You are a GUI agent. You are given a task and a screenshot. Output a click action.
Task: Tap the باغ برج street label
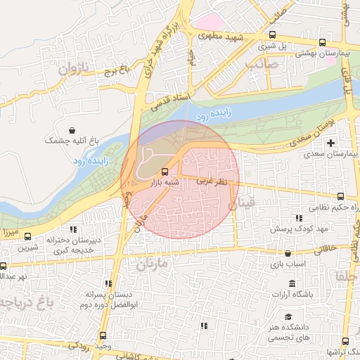click(x=115, y=70)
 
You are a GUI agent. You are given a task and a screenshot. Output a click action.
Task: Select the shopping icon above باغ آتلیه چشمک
click(x=73, y=129)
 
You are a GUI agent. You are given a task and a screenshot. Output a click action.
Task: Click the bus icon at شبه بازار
click(x=165, y=171)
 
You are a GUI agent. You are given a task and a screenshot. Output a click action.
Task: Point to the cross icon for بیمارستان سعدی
click(x=331, y=143)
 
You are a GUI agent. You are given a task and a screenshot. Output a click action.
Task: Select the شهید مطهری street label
click(x=219, y=36)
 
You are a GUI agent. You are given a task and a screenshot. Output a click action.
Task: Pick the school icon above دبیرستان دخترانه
click(x=72, y=229)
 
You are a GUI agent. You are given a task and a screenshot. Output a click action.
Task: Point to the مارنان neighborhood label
click(x=148, y=266)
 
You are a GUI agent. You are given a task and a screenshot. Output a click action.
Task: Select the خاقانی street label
click(x=327, y=247)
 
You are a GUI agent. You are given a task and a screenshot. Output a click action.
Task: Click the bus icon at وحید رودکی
click(x=104, y=335)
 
